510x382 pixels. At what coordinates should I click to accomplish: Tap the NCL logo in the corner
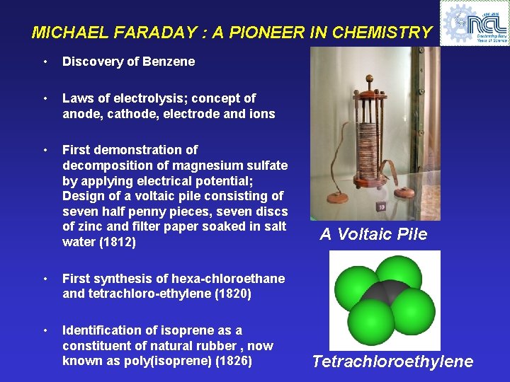tap(474, 23)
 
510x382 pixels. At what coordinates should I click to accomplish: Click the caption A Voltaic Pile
tap(373, 235)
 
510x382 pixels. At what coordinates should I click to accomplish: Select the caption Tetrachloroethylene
tap(392, 362)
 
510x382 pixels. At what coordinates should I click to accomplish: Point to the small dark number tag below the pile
tap(380, 207)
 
